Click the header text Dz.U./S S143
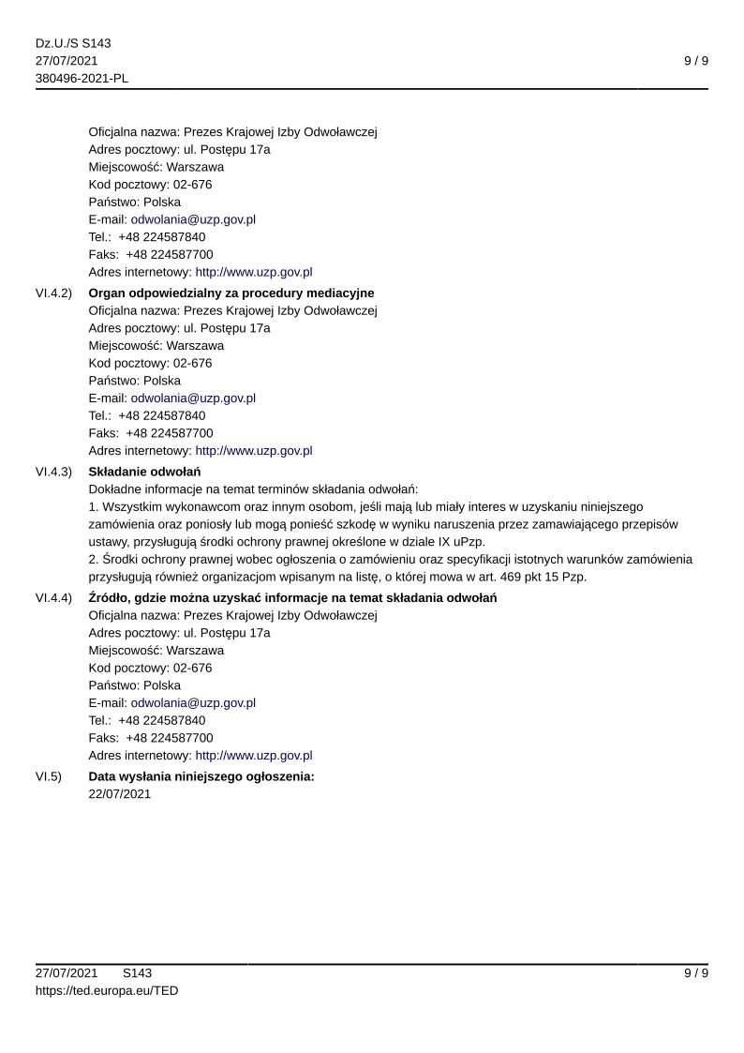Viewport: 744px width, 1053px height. [x=73, y=43]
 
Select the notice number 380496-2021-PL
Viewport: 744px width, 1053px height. [x=82, y=78]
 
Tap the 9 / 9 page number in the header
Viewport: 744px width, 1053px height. [x=695, y=61]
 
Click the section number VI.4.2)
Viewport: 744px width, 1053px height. [x=53, y=293]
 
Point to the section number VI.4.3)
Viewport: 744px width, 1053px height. [x=53, y=471]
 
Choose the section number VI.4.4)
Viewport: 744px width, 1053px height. [x=53, y=598]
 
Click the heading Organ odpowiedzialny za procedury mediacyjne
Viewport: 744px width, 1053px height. [x=231, y=293]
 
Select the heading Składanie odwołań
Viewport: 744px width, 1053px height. [x=144, y=471]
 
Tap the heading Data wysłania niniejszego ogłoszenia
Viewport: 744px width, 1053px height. [x=201, y=776]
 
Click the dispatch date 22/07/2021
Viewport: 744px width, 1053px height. [x=119, y=794]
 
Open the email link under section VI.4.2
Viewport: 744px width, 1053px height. [x=193, y=398]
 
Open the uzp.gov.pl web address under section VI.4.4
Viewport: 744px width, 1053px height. [x=253, y=755]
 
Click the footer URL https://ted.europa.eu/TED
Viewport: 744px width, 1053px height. [x=107, y=990]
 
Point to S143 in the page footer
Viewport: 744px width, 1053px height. [x=138, y=973]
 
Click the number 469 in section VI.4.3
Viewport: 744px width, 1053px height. [x=498, y=577]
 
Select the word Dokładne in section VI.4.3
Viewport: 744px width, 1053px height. [x=114, y=489]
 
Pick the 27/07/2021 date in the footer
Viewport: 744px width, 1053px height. [x=67, y=973]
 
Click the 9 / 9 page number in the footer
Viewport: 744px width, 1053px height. [x=695, y=973]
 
